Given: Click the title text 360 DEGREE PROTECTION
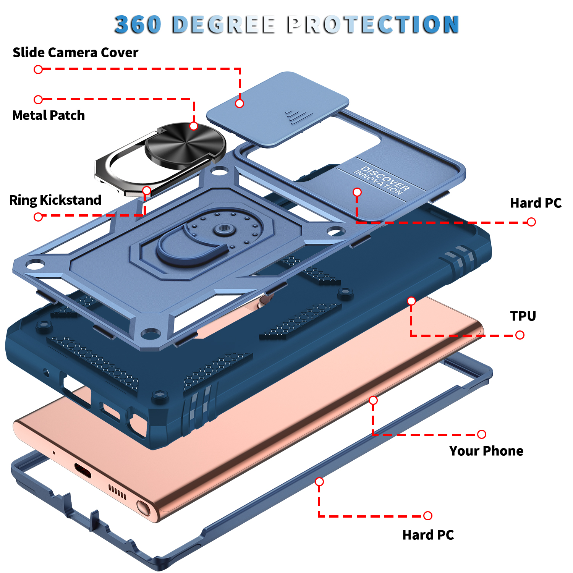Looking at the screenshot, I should click(x=286, y=24).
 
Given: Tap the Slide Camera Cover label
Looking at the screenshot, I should click(x=75, y=52).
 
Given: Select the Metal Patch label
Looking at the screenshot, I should click(x=49, y=115).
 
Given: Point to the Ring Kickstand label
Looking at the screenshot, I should click(x=55, y=200).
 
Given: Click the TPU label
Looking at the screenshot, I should click(x=523, y=316).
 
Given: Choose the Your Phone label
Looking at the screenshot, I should click(x=486, y=451).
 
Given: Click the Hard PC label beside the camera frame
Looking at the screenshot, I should click(x=536, y=203).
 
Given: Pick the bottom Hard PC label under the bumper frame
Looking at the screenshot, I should click(x=428, y=535).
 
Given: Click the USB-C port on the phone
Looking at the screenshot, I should click(x=83, y=470).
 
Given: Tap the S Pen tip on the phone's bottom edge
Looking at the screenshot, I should click(x=143, y=508).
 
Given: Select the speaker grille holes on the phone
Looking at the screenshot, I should click(x=117, y=492).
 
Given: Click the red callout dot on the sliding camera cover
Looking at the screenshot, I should click(x=240, y=104).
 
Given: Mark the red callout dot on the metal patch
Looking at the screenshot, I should click(x=194, y=126).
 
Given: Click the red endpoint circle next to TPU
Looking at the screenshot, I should click(x=520, y=335).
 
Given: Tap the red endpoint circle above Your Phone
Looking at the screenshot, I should click(x=482, y=434).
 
